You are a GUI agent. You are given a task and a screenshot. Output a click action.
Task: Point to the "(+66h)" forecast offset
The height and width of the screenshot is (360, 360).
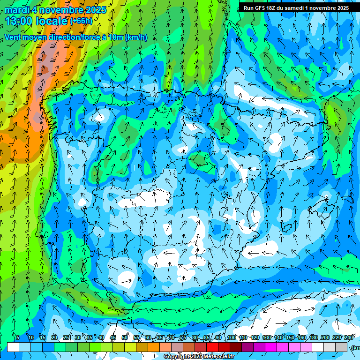coord(81,21)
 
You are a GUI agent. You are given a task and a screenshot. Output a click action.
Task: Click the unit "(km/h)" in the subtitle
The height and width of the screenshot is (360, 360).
coord(136,37)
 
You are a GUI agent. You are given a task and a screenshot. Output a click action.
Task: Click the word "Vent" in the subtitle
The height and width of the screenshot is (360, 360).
coord(13,37)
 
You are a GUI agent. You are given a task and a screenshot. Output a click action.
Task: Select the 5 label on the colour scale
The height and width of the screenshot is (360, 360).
coord(18,337)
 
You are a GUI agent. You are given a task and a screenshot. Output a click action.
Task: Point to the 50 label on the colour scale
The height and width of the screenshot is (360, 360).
coord(125,337)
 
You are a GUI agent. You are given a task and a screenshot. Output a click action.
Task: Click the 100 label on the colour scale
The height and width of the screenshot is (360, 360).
coord(231,337)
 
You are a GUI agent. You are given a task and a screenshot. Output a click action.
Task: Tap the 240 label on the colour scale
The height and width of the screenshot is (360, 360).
coord(349,337)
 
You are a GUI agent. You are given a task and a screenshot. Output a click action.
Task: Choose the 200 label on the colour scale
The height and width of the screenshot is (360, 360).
coord(325,337)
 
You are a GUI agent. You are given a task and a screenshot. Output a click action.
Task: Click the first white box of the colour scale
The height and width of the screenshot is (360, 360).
coord(13,347)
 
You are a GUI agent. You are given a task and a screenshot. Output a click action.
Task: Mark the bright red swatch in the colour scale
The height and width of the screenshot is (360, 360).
coord(212,347)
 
